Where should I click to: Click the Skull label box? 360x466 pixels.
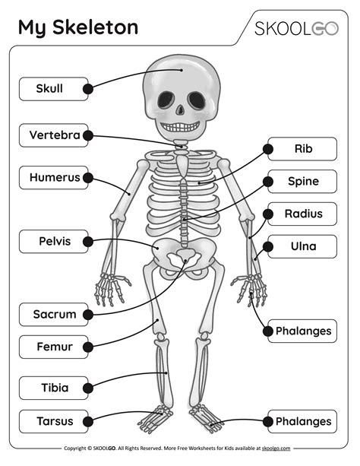(53, 89)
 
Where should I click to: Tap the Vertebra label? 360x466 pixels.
(53, 135)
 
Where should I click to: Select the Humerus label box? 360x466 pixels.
(53, 178)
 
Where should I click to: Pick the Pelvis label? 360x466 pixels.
(53, 241)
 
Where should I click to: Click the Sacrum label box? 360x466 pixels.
(53, 315)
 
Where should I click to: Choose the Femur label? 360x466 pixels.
(53, 347)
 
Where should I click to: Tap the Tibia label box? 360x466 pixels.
(53, 388)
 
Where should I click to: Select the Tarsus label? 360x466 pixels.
(53, 421)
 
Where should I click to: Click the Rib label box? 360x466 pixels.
(302, 149)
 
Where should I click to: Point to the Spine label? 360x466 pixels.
(302, 181)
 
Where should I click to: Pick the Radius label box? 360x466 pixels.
(302, 214)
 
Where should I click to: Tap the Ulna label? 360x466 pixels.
(302, 246)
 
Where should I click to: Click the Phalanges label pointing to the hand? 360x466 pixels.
(302, 331)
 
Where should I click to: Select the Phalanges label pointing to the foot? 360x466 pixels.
(302, 421)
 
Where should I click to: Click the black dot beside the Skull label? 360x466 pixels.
(88, 89)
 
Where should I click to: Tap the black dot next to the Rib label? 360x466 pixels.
(268, 149)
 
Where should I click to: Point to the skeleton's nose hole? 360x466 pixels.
(180, 110)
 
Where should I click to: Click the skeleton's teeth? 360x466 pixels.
(180, 127)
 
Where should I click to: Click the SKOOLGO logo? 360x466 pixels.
(296, 29)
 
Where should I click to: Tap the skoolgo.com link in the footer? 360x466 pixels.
(276, 449)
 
